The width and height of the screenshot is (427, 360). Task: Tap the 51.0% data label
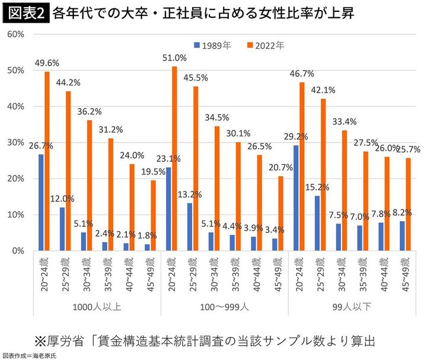[174, 58]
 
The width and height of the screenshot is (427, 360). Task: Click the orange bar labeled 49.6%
[47, 161]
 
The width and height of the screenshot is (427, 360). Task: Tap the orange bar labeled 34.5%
[217, 188]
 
